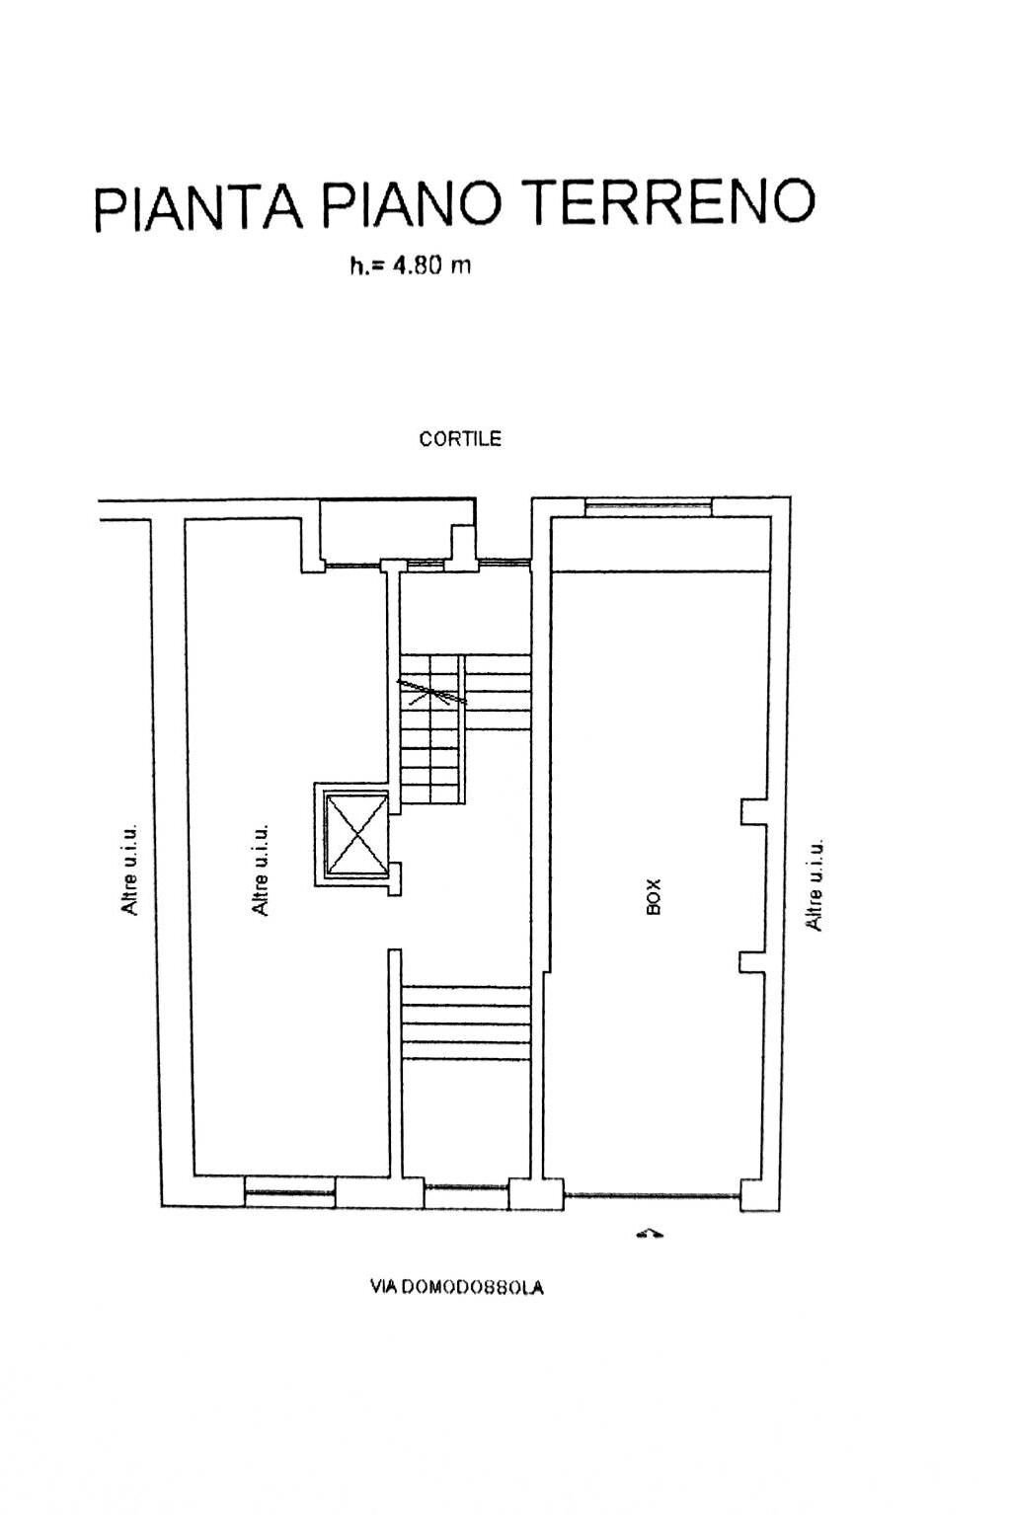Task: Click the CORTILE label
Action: point(460,439)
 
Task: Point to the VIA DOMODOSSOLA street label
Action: point(457,1287)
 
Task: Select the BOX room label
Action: point(653,897)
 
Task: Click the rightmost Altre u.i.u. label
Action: point(815,885)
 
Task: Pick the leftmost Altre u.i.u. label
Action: point(129,870)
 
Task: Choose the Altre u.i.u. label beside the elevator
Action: point(260,870)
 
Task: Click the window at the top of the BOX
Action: point(648,506)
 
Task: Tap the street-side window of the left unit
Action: point(289,1191)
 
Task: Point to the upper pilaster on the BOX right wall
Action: point(753,811)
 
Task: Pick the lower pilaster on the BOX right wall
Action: point(752,963)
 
